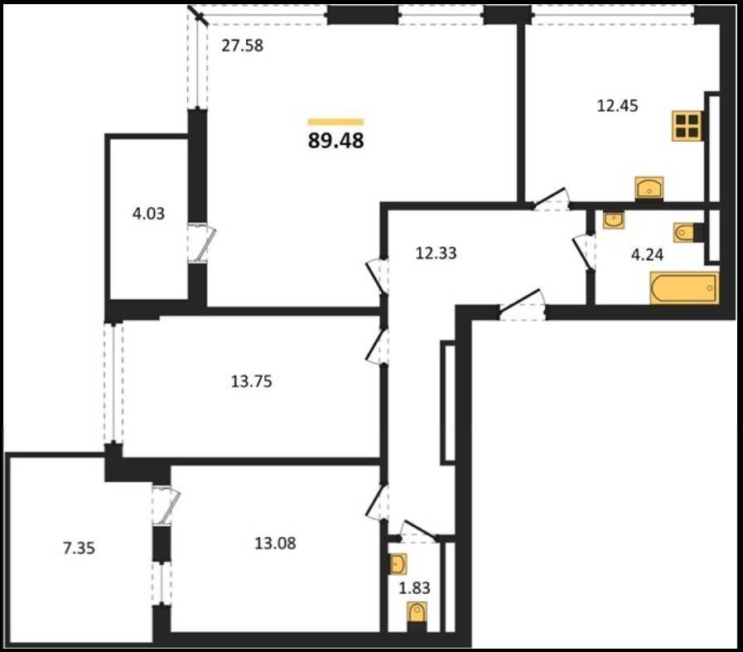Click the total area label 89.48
coord(336,141)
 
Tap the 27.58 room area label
coord(243,46)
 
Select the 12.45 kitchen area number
coord(617,106)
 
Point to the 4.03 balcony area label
coord(149,214)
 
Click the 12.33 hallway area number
coord(436,253)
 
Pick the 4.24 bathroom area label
coord(647,255)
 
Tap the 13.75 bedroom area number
coord(252,381)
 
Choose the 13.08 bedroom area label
coord(275,543)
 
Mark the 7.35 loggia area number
coord(80,548)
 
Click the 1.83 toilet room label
coord(415,588)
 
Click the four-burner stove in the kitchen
coord(687,126)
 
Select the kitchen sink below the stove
coord(649,188)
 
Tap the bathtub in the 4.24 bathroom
coord(684,287)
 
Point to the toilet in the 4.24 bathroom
coord(688,232)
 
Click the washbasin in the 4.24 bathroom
coord(613,220)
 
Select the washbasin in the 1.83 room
coord(397,564)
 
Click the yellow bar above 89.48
coord(336,122)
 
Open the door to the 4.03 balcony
coord(201,243)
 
